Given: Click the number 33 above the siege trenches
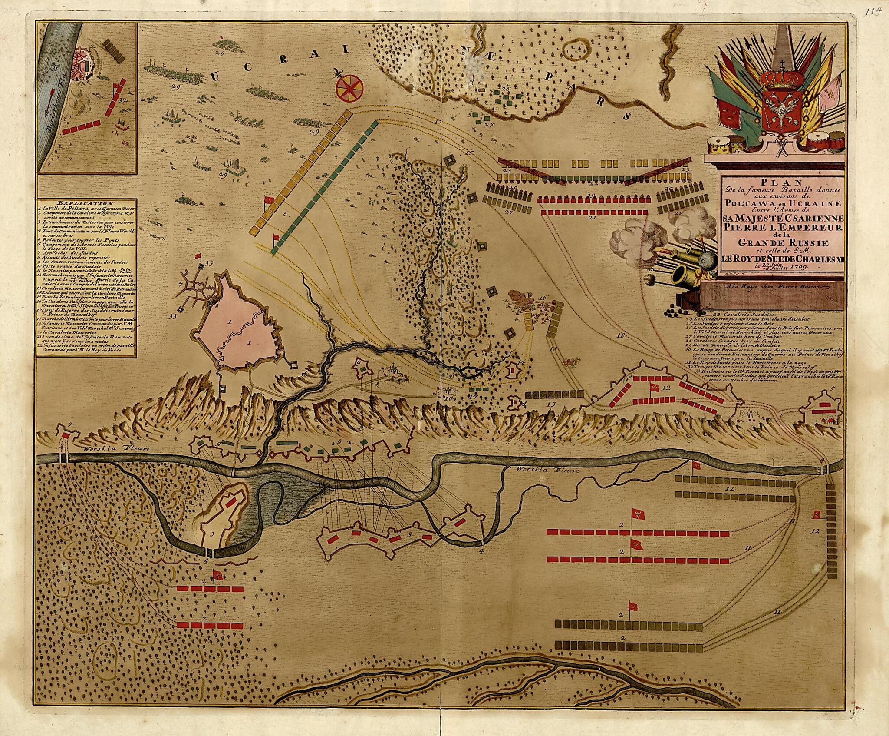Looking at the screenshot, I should (210, 263).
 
